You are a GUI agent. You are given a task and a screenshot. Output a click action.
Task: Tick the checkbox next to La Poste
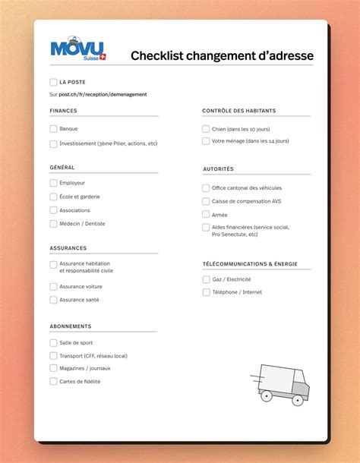pos(53,82)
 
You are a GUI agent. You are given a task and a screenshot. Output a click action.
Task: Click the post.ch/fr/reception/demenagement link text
pos(103,94)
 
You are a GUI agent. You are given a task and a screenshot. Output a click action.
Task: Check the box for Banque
pos(53,129)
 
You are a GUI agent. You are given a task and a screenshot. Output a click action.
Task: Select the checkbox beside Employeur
pos(53,183)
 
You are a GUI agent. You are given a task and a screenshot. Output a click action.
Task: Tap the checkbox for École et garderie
pos(53,197)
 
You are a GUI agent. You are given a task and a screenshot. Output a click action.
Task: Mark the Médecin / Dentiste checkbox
pos(53,224)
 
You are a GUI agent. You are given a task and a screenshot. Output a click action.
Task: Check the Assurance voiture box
pos(53,287)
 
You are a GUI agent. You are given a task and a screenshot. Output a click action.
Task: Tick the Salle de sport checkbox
pos(53,343)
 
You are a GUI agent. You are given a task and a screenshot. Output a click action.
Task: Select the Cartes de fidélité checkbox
pos(53,382)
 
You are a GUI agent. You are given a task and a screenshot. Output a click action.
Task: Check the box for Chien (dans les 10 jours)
pos(206,129)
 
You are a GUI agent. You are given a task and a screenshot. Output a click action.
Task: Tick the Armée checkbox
pos(206,215)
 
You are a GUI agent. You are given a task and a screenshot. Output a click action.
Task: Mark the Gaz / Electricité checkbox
pos(206,279)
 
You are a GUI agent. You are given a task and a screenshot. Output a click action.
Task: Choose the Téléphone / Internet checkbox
pos(206,292)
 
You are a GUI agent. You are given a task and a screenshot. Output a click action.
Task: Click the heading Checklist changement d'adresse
pos(222,55)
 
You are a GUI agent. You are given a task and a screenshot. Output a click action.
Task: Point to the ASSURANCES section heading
pos(68,248)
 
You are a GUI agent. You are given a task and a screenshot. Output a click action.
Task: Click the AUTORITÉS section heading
pos(218,169)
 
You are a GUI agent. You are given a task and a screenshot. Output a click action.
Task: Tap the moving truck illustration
pos(279,383)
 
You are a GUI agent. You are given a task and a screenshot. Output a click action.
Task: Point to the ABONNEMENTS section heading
pos(71,326)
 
